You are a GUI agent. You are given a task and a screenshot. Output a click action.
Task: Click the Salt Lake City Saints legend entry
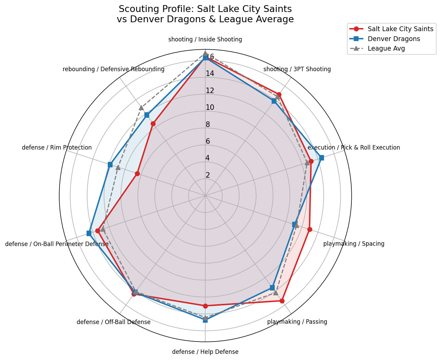(400, 29)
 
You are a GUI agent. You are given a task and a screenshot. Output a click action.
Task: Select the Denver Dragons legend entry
(394, 39)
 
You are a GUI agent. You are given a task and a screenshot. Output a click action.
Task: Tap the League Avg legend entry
(386, 48)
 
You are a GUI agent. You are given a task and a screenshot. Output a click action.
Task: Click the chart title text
(205, 14)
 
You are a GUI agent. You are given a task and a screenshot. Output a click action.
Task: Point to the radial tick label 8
(208, 125)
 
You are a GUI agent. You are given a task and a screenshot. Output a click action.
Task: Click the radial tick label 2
(208, 175)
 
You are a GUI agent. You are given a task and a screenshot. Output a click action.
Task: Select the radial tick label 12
(210, 91)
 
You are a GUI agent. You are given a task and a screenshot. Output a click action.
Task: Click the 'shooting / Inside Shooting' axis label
(205, 39)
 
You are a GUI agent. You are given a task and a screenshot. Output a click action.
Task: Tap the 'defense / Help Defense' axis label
(205, 352)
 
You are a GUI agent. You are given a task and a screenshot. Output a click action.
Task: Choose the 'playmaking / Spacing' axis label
(354, 244)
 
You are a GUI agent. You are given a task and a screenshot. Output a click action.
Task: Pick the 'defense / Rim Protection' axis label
(57, 147)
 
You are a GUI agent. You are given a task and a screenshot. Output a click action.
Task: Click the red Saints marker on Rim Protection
(137, 174)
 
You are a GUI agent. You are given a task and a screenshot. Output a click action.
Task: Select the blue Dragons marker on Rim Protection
(110, 165)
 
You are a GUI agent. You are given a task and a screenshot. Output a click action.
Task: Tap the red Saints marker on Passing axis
(282, 301)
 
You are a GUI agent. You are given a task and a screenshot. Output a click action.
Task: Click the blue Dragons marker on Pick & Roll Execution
(321, 158)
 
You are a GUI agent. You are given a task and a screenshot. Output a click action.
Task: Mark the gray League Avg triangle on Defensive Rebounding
(141, 108)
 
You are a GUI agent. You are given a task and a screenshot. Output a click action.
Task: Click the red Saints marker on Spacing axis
(309, 229)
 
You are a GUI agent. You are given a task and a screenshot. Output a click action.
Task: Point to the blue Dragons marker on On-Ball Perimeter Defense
(89, 233)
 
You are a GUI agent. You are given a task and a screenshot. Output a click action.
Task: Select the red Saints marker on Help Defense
(205, 306)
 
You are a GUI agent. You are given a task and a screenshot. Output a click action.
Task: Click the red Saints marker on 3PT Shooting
(279, 94)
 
